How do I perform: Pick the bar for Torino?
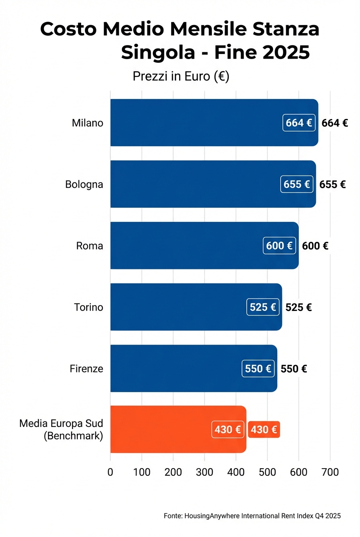coord(178,307)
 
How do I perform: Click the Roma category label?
coord(90,246)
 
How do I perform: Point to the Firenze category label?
coord(86,368)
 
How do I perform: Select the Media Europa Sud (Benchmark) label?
coord(61,430)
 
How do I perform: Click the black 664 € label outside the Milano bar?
coord(335,123)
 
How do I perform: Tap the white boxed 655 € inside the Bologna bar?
coord(297,184)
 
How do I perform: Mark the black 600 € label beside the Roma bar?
coord(315,246)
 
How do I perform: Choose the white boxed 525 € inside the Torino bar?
coord(263,307)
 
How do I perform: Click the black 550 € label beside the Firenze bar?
coord(294,368)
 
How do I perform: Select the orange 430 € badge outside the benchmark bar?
coord(264,430)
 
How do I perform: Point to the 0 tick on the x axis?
coord(110,472)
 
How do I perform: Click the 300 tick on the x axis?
coord(205,472)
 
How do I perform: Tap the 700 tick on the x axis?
coord(330,472)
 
